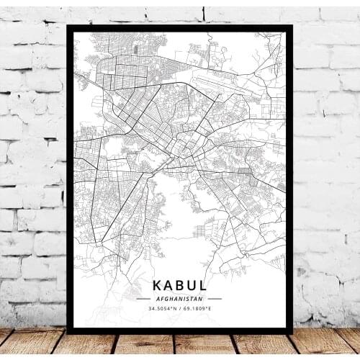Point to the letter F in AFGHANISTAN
pyautogui.click(x=161, y=298)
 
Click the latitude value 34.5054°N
pyautogui.click(x=163, y=309)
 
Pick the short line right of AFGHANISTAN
pyautogui.click(x=214, y=298)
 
